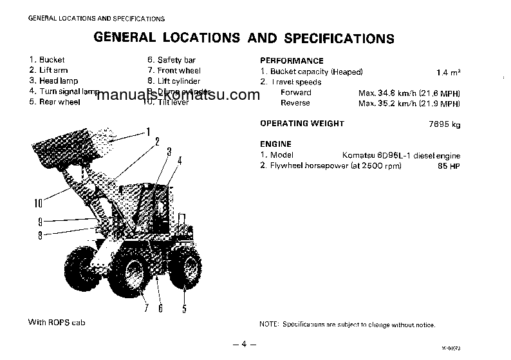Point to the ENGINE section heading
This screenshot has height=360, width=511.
[x=275, y=144]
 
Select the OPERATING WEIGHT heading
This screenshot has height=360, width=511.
[x=302, y=124]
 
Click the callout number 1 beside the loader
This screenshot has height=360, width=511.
[x=148, y=132]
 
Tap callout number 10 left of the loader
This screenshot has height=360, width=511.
[x=39, y=204]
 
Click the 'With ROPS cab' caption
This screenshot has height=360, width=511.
[x=57, y=322]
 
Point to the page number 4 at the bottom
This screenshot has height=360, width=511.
[x=245, y=344]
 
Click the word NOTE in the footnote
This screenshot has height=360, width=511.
[x=269, y=325]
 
